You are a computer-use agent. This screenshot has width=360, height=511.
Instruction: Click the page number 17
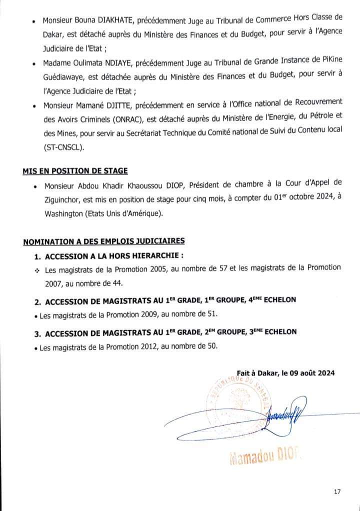(337, 491)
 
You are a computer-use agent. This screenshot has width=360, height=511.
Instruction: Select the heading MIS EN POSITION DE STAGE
(75, 171)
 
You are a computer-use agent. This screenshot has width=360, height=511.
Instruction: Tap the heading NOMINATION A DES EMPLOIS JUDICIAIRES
(103, 241)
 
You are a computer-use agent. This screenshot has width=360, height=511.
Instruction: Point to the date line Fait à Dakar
(285, 373)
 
